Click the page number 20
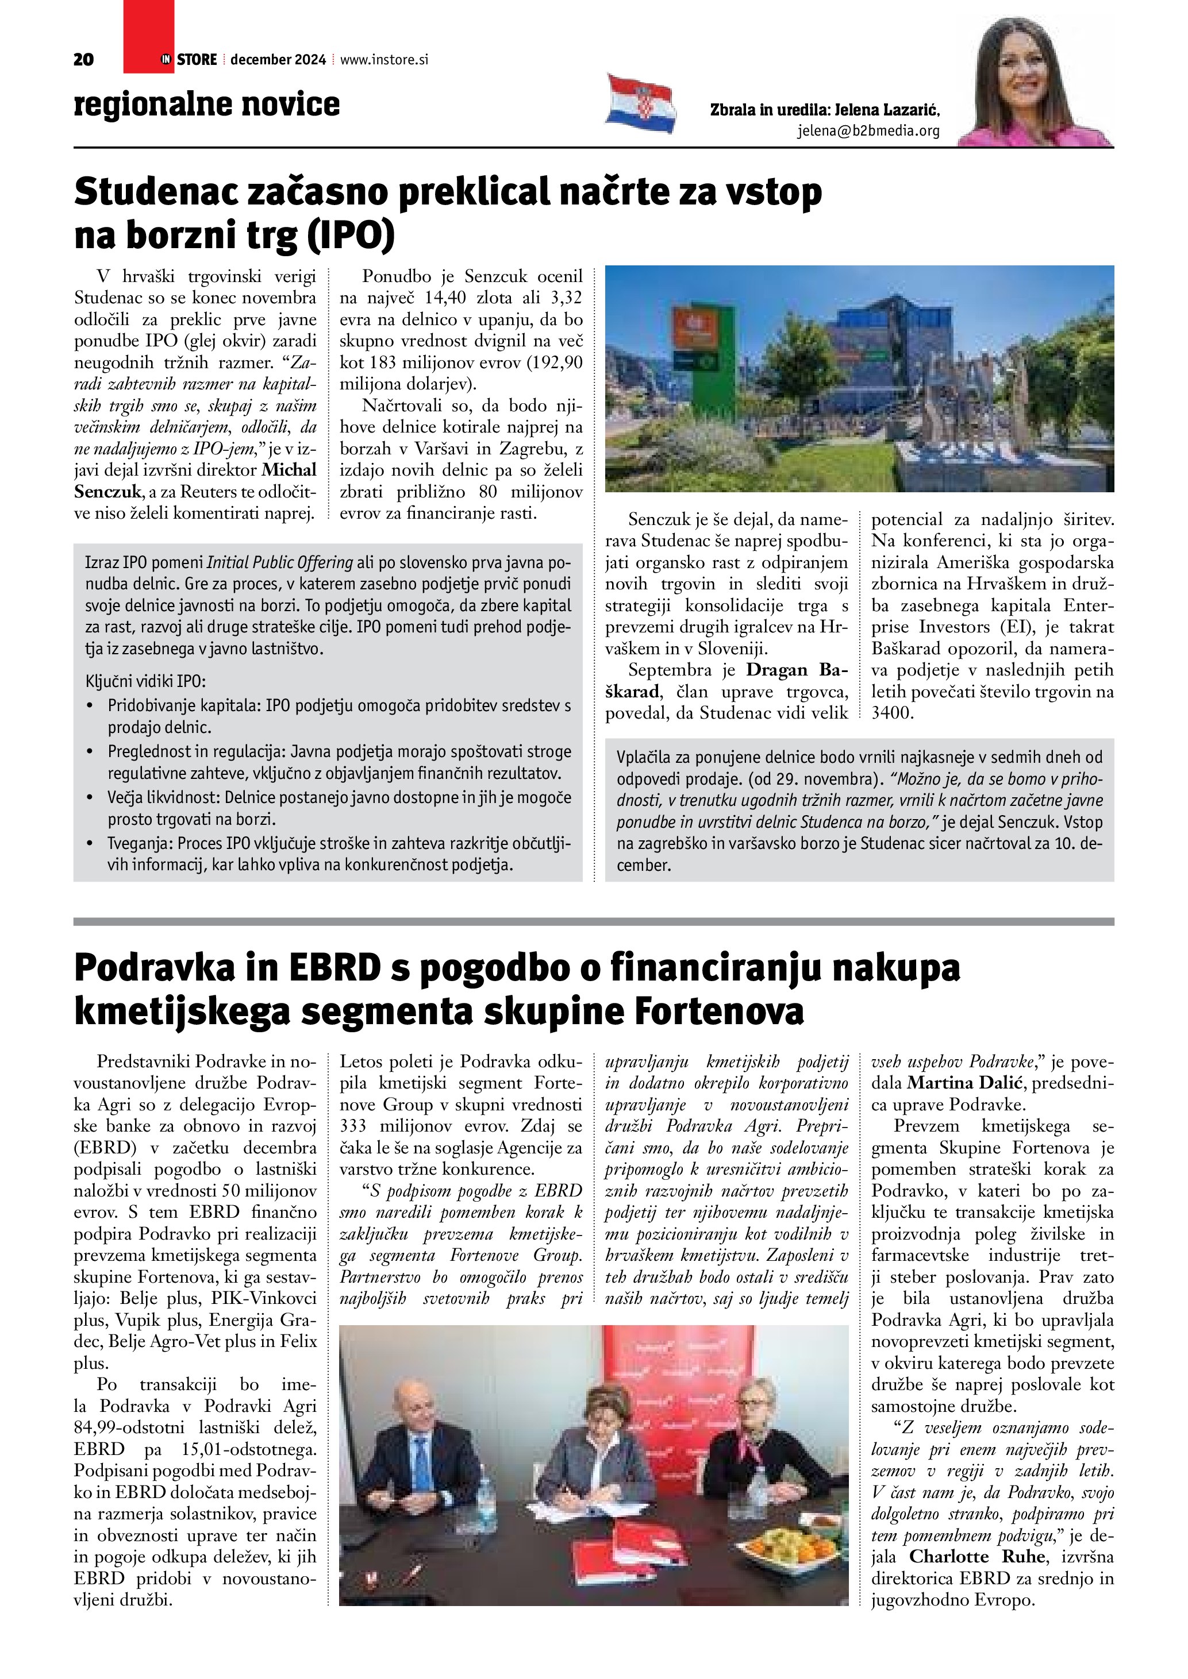pyautogui.click(x=83, y=60)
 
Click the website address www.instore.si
pyautogui.click(x=384, y=60)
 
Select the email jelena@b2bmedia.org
pyautogui.click(x=868, y=131)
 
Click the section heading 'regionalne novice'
pyautogui.click(x=207, y=104)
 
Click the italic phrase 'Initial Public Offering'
pyautogui.click(x=279, y=562)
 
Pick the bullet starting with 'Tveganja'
pyautogui.click(x=329, y=854)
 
